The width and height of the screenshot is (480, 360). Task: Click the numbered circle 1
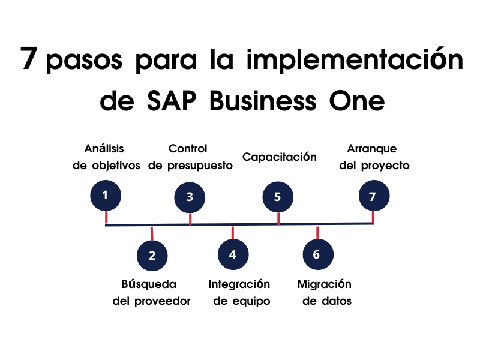(106, 195)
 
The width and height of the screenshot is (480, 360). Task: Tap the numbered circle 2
(152, 256)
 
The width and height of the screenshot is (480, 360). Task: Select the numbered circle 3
(190, 197)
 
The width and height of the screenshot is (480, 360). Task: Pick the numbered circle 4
(233, 254)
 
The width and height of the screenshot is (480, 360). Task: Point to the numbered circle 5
(278, 197)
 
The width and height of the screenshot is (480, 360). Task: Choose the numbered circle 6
(317, 255)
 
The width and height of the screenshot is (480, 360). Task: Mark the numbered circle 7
(373, 196)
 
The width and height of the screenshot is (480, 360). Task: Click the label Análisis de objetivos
(107, 157)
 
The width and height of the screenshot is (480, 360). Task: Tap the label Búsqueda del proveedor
(151, 292)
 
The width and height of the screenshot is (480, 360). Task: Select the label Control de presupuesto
(190, 157)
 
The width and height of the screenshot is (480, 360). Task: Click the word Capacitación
(279, 157)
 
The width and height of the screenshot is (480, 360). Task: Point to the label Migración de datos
(325, 292)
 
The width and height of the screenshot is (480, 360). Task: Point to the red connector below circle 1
(106, 217)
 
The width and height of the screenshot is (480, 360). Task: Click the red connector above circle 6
(317, 233)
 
